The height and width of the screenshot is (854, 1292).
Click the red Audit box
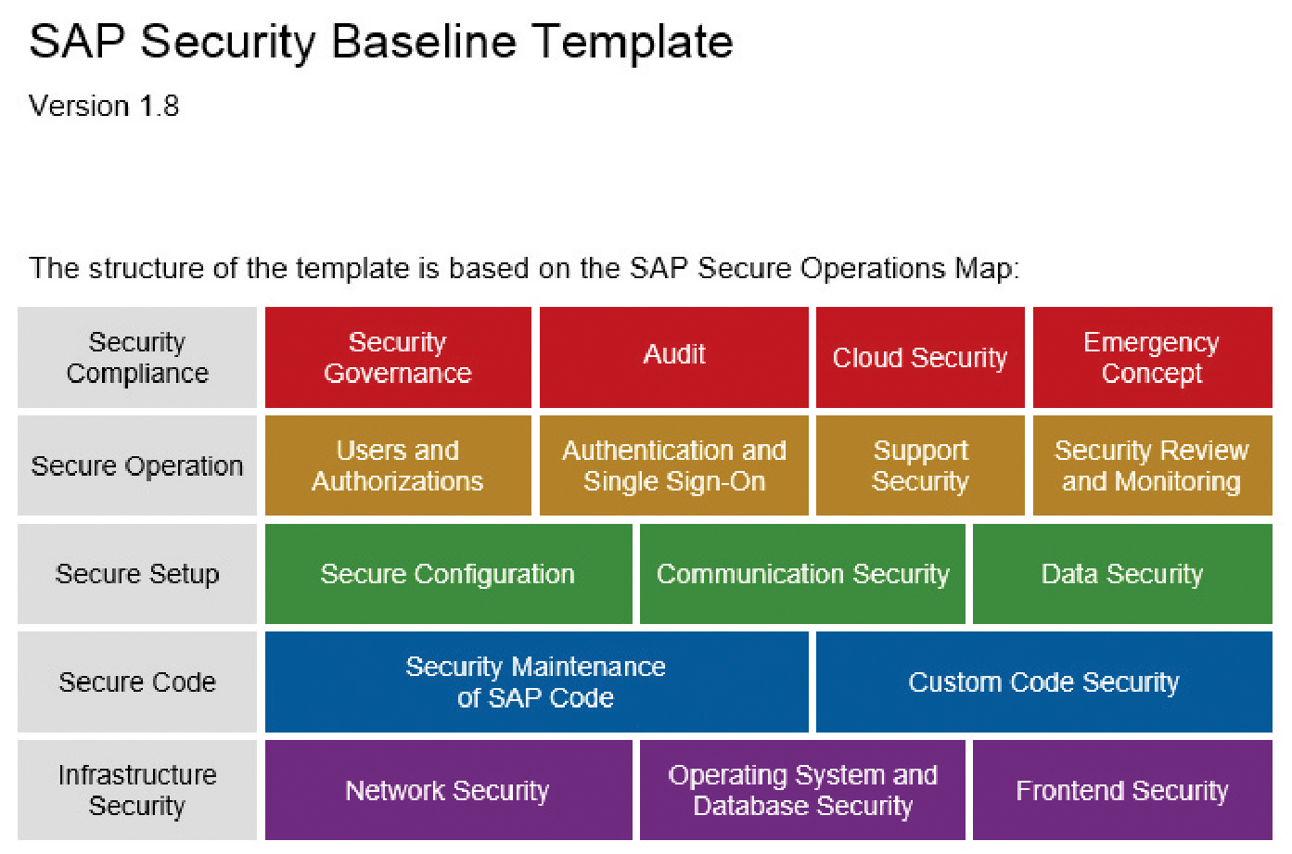pos(673,358)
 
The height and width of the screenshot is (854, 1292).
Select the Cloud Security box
pos(920,358)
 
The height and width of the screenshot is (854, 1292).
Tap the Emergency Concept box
pos(1153,358)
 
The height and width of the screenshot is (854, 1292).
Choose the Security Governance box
pos(398,358)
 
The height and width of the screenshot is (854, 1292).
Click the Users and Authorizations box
pos(398,465)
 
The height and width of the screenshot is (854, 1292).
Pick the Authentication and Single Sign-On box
pos(673,465)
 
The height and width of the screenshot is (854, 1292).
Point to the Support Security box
pos(920,465)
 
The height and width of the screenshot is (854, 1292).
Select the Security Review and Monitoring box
pos(1153,465)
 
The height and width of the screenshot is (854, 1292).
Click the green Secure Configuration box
pos(448,574)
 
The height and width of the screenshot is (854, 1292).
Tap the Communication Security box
pos(802,574)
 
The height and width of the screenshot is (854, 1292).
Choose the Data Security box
pos(1122,574)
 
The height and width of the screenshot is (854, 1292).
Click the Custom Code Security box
pos(1044,682)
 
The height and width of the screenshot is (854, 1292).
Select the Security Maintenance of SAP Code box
pos(536,682)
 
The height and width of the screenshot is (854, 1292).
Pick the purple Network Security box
pos(448,790)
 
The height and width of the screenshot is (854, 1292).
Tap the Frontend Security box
pos(1122,790)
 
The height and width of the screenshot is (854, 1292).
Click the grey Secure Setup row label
pos(137,574)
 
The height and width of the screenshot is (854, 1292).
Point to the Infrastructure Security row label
pos(137,790)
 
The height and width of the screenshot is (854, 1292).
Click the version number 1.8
pos(160,106)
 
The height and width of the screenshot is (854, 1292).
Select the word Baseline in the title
pos(424,42)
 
